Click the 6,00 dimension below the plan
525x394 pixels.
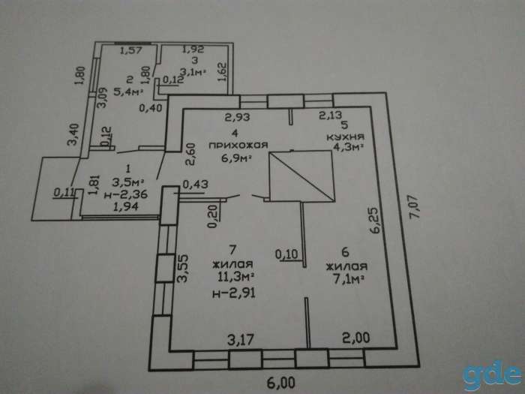click(x=281, y=383)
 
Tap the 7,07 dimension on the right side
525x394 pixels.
click(x=415, y=206)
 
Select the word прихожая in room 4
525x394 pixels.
click(x=238, y=146)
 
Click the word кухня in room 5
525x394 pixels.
click(x=345, y=137)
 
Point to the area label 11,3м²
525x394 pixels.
click(x=235, y=277)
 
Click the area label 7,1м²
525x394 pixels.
click(x=348, y=278)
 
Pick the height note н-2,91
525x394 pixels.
click(x=234, y=293)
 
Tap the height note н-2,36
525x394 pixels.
click(x=126, y=194)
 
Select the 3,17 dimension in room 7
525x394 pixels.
click(x=241, y=340)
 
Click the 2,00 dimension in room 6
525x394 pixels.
click(x=356, y=338)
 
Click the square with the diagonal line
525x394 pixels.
click(x=301, y=176)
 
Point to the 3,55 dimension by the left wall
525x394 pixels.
click(x=183, y=269)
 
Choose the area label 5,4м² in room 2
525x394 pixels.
click(x=128, y=92)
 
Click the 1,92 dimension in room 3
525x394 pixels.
click(x=193, y=50)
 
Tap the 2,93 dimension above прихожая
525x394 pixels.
click(x=238, y=117)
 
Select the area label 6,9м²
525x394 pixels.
click(x=236, y=158)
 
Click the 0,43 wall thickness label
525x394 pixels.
click(x=195, y=185)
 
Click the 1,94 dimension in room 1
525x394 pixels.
click(x=126, y=206)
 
